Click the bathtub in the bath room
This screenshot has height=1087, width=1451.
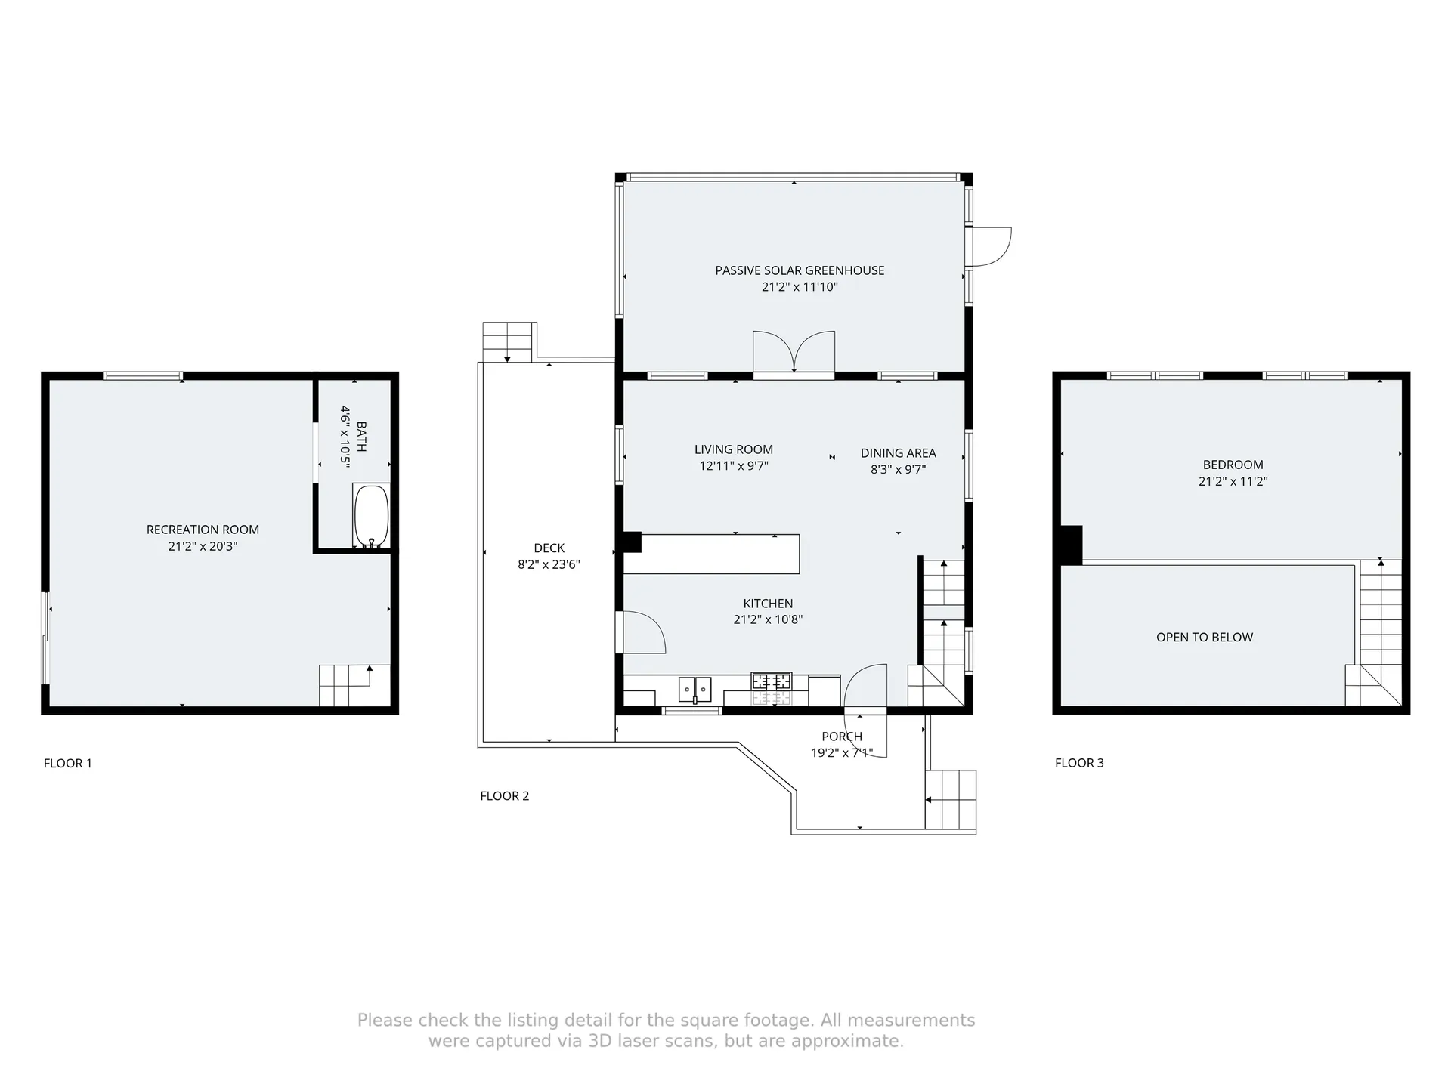point(371,516)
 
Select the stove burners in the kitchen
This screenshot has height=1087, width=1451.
point(772,681)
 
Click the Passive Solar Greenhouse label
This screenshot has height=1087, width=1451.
point(800,270)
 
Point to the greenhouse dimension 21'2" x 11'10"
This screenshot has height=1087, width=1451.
point(800,287)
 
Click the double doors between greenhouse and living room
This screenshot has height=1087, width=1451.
point(794,353)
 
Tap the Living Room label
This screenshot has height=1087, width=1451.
point(733,449)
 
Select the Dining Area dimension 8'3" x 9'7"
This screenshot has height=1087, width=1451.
point(898,469)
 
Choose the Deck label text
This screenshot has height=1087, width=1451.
point(549,548)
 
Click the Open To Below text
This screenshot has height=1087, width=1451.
point(1204,637)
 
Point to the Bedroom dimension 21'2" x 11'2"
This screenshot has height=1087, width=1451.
point(1233,481)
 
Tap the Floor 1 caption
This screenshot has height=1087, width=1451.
point(67,763)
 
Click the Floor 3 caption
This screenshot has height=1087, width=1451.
point(1078,763)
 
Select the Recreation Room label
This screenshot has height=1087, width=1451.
point(203,530)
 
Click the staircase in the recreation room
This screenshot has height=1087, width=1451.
point(345,684)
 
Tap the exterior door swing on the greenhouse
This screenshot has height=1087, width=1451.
point(992,247)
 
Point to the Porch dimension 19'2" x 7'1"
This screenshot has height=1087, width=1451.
point(841,753)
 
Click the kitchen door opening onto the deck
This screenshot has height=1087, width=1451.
point(642,633)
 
